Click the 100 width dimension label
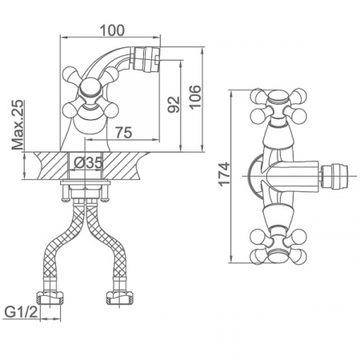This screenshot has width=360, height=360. [112, 30]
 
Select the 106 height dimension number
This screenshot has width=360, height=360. [195, 97]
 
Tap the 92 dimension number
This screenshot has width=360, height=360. [174, 105]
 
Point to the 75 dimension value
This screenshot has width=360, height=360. [123, 132]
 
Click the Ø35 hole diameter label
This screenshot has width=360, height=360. [88, 163]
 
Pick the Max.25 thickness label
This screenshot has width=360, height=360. [18, 125]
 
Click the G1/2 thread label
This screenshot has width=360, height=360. [22, 312]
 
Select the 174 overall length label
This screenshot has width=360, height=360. [224, 174]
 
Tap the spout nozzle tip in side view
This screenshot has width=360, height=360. [146, 61]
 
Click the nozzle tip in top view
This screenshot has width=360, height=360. [334, 176]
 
